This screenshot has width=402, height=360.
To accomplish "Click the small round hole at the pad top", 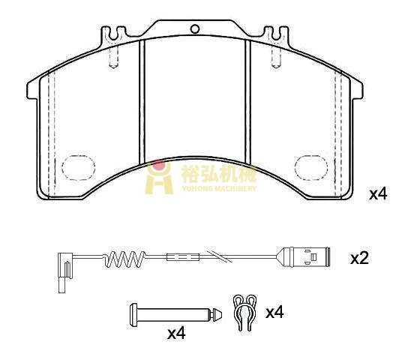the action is [x=195, y=28].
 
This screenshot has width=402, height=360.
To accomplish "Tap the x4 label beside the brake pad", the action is [x=378, y=194].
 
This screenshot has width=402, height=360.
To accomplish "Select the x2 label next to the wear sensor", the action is [x=359, y=259].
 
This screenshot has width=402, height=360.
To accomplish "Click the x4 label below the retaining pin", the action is [x=176, y=333].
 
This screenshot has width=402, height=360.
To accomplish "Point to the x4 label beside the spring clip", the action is [x=274, y=313].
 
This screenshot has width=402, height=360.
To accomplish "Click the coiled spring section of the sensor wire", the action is [x=124, y=259].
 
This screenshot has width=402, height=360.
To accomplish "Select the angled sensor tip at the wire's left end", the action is [x=64, y=272].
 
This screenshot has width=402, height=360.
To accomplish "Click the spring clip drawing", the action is [x=244, y=312].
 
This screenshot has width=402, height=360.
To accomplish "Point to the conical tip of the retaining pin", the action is [x=217, y=314].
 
